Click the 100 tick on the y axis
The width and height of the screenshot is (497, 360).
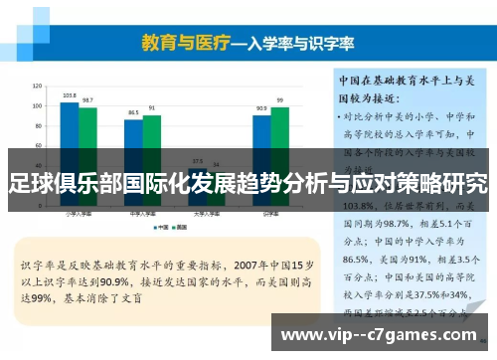point(37,105)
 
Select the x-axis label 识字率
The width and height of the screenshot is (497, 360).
point(270,213)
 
